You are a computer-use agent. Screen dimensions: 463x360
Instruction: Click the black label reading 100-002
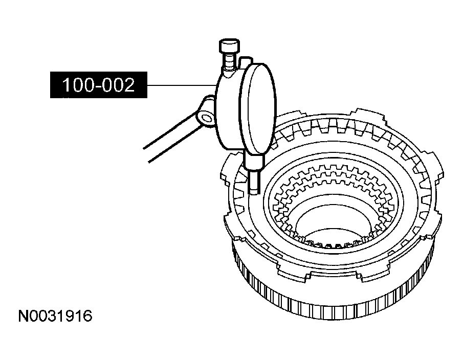tap(99, 85)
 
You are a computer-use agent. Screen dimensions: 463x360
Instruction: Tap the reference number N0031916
tap(55, 316)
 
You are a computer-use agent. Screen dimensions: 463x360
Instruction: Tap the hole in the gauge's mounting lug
tap(207, 118)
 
